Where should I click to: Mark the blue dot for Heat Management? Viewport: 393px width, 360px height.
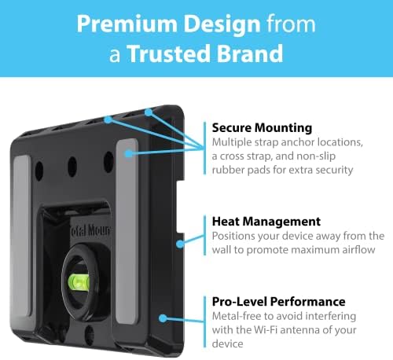182,244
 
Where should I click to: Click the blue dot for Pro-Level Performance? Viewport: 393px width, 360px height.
163,318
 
